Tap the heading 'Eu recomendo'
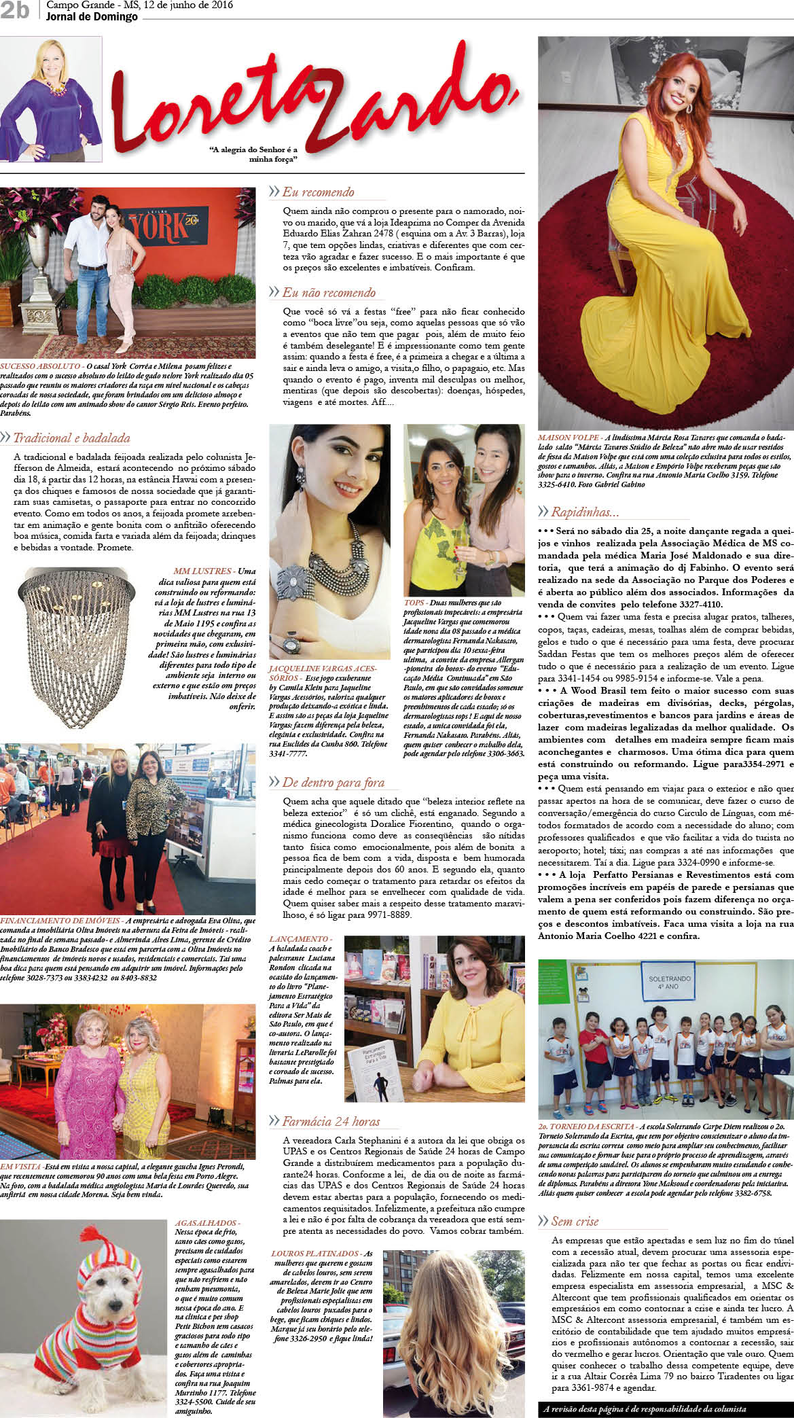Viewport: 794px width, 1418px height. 318,192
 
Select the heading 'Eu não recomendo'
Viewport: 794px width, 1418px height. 329,293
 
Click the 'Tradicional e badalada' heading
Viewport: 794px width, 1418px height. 71,438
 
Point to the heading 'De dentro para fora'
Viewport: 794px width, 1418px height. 333,783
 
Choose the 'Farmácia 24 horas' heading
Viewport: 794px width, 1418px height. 331,1121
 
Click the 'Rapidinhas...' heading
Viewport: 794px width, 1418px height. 585,512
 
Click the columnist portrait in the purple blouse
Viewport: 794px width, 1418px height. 51,99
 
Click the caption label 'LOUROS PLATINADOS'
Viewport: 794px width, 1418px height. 316,1253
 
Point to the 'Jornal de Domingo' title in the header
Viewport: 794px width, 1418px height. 92,16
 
